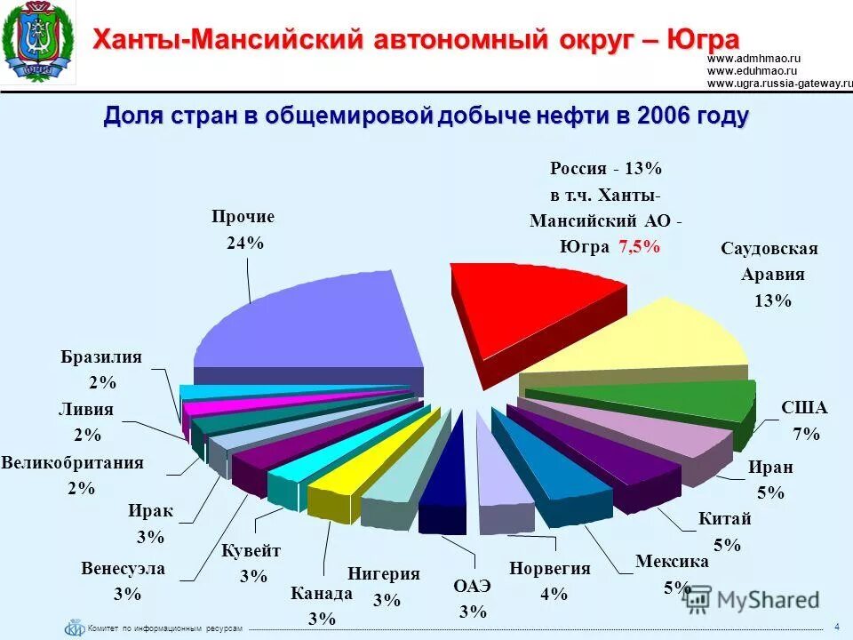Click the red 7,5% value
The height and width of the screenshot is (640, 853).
639,247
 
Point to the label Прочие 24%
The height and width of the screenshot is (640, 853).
243,229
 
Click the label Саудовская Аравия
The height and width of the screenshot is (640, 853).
769,261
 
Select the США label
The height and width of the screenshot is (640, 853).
804,408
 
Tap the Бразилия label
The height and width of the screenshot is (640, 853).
101,357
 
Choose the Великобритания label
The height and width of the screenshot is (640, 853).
73,463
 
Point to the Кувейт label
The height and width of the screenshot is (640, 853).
251,551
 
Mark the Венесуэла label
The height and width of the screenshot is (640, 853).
123,569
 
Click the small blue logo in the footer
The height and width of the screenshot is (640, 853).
74,628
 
